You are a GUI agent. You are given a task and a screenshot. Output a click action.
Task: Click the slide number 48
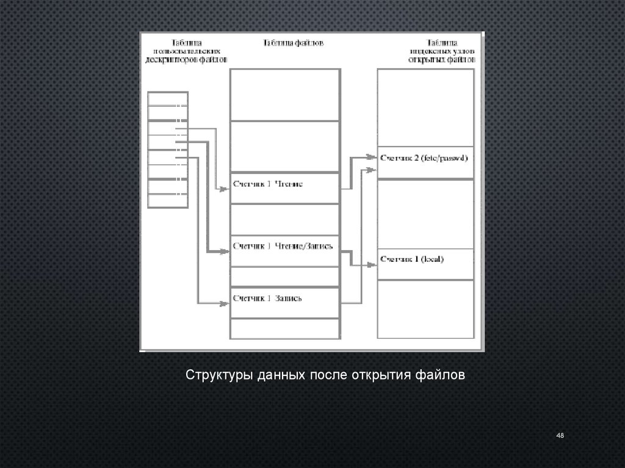(560, 435)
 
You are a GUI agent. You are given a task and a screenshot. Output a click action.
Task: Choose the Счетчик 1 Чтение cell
(284, 188)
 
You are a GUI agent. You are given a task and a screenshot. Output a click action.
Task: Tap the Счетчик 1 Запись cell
(284, 302)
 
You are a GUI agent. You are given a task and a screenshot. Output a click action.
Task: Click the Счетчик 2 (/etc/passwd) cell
(425, 162)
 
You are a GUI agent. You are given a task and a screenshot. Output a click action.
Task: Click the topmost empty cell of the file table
(284, 95)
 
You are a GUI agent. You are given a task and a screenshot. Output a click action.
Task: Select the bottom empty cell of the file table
(284, 328)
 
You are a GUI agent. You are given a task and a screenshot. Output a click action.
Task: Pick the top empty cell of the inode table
(425, 107)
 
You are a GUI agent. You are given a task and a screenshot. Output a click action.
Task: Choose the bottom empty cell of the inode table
(425, 308)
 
